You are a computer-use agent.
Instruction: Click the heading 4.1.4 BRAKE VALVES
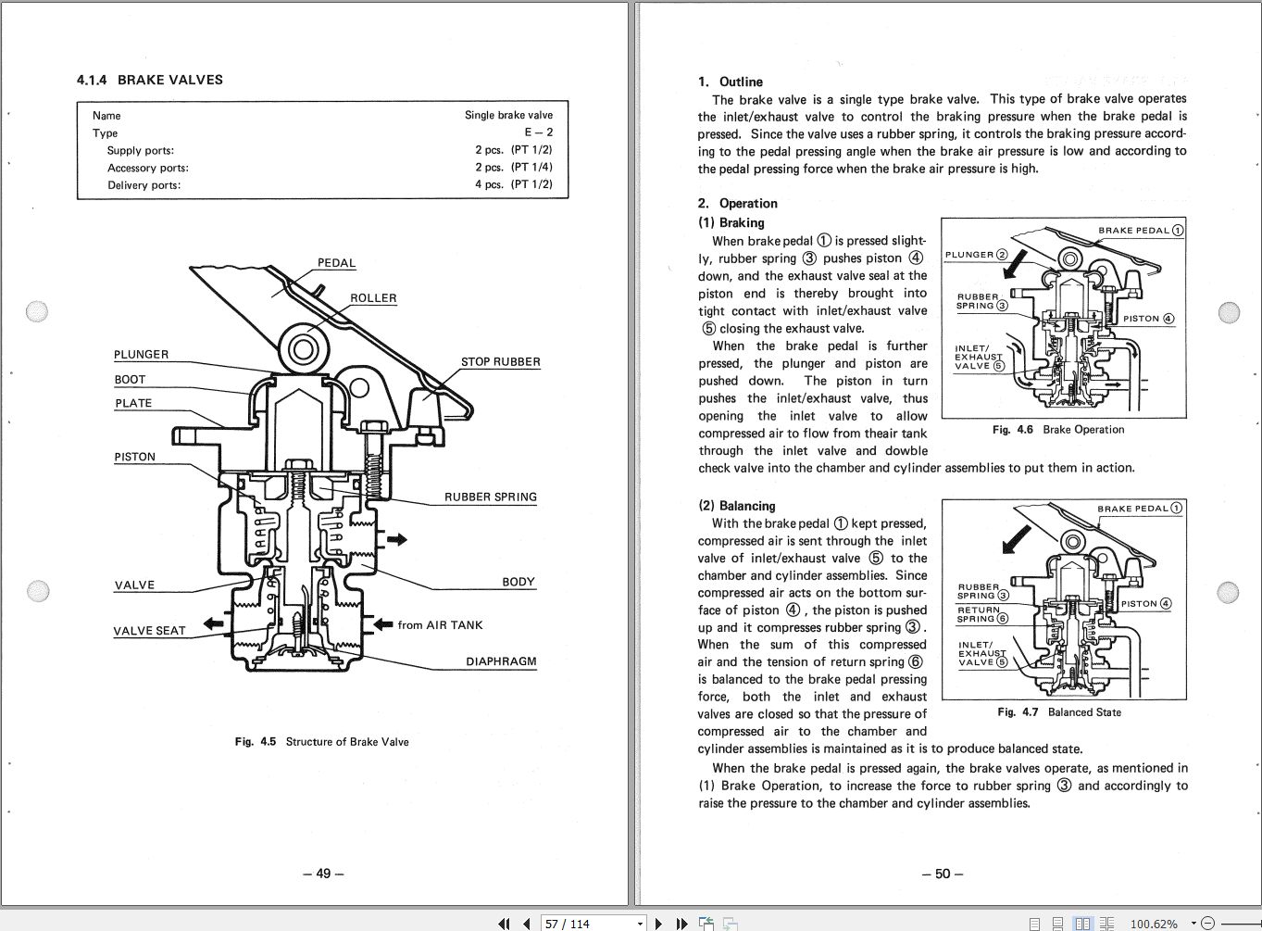[150, 80]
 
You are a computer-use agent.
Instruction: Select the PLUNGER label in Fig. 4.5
[141, 355]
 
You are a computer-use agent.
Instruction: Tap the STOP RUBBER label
[500, 362]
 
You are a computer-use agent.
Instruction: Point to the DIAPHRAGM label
[501, 662]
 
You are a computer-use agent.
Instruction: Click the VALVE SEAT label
[149, 631]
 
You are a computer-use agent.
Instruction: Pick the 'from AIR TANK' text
[440, 625]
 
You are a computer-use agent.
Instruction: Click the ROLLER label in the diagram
[373, 298]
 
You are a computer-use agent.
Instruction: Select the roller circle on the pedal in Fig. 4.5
[304, 349]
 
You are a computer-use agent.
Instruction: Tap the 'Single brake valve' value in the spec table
[508, 116]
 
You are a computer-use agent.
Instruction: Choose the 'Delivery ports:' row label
[144, 185]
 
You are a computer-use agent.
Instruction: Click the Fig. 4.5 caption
[321, 742]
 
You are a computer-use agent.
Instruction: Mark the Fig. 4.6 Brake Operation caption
[1057, 430]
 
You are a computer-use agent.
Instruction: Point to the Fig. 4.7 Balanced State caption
[1058, 712]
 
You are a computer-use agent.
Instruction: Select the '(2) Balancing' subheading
[736, 506]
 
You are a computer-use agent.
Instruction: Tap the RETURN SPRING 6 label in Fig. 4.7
[982, 614]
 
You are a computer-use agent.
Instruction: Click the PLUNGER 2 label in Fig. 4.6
[976, 255]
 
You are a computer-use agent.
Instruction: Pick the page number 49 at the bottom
[323, 874]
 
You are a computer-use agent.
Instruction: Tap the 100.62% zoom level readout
[1154, 924]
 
